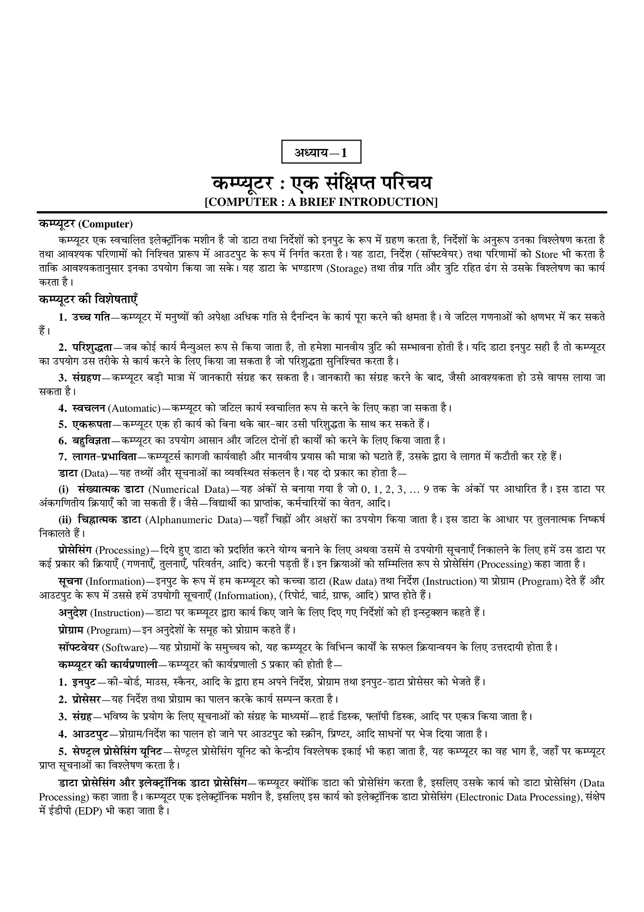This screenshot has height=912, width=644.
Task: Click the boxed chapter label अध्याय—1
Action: pos(321,152)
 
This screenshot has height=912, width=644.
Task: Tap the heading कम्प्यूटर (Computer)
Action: pos(86,224)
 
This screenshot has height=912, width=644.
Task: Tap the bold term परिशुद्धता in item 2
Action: pos(93,347)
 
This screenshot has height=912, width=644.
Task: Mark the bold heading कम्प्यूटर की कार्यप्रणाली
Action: pos(108,664)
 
